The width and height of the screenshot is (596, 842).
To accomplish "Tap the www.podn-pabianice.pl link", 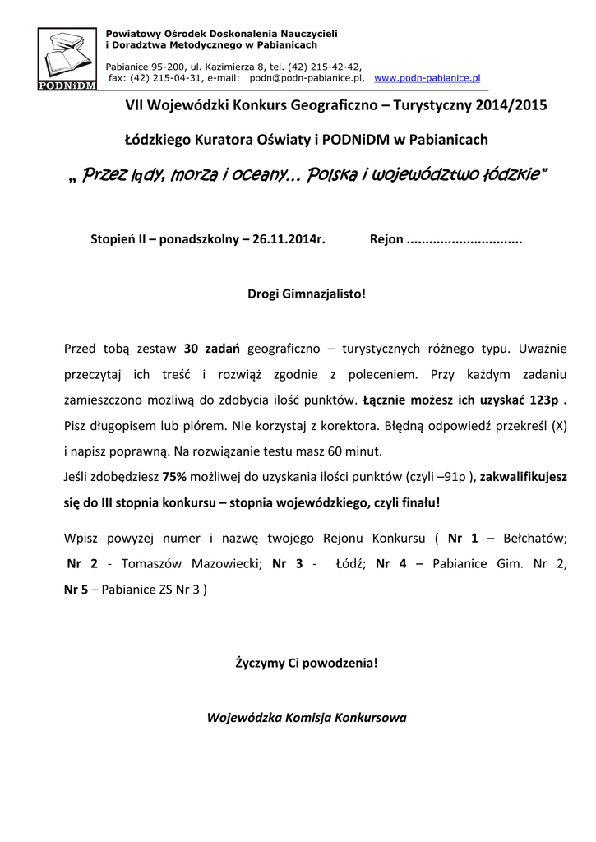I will point(427,78).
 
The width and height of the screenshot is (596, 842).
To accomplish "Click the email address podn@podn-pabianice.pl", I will point(306,78).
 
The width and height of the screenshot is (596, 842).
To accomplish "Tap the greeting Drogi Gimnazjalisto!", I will point(307,294).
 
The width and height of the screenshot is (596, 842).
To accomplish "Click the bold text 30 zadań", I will point(213,348).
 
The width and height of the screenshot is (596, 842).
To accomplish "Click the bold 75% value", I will point(174,476).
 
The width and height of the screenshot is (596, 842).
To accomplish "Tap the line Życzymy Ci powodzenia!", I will point(307,662).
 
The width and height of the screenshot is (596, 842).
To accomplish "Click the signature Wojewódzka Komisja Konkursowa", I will point(307,716).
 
